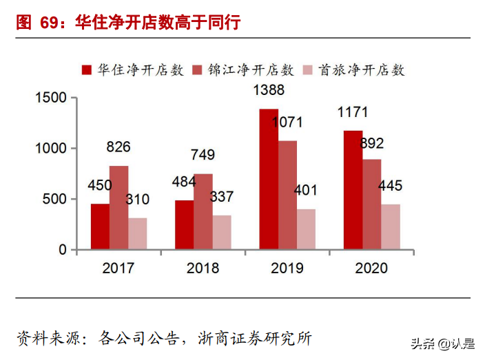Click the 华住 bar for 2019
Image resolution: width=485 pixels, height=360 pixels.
(269, 179)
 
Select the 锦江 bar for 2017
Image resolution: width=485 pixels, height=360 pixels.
(118, 207)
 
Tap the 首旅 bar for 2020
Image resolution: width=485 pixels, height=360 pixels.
(390, 226)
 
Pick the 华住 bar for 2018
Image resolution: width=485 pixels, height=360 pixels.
(184, 224)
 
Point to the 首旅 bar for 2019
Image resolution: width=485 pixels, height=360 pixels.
(306, 229)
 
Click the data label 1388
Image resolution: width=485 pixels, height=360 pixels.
(268, 90)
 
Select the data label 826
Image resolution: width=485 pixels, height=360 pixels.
(118, 147)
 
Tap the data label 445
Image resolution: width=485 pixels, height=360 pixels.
(389, 186)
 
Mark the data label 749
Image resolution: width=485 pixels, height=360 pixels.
(203, 155)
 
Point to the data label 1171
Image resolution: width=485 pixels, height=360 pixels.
(352, 112)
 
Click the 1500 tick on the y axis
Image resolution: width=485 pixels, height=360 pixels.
(51, 98)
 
